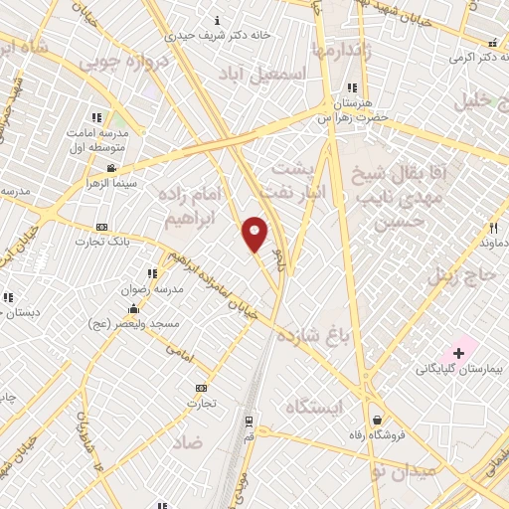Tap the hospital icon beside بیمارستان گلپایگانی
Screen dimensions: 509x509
click(x=458, y=353)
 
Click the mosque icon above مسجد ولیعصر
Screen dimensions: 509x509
click(x=134, y=308)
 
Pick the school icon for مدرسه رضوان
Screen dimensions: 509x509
click(x=152, y=273)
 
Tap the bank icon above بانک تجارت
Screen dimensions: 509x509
click(x=102, y=228)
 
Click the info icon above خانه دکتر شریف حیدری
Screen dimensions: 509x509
click(x=218, y=20)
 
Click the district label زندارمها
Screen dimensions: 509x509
click(x=341, y=50)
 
